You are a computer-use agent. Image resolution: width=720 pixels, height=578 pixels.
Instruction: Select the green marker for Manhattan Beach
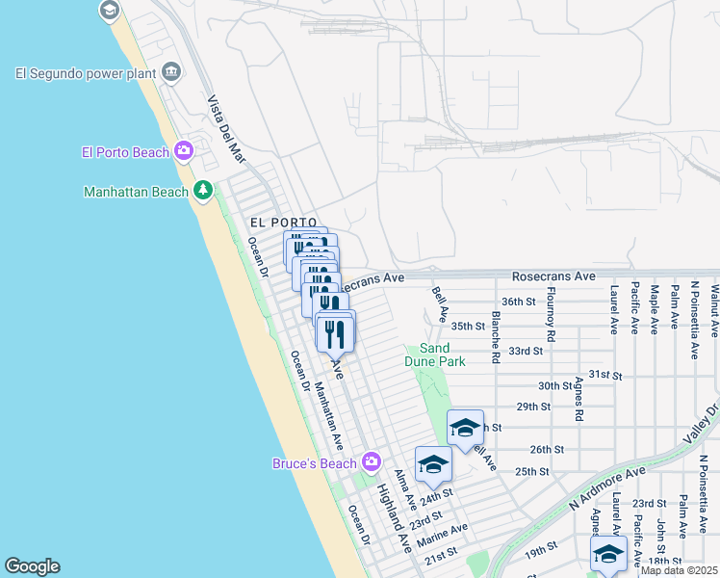point(202,191)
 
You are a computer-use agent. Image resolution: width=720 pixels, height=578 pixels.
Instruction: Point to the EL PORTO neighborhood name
point(283,223)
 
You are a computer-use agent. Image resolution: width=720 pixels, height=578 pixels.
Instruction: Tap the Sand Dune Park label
point(442,355)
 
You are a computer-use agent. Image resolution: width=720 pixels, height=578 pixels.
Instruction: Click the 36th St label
point(518,302)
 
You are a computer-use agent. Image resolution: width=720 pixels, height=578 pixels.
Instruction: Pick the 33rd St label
point(527,351)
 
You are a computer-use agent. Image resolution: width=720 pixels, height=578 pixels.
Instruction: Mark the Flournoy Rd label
point(552,315)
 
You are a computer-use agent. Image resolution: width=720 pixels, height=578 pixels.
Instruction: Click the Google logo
point(32,566)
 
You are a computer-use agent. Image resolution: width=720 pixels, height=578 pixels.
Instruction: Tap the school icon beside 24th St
point(433,464)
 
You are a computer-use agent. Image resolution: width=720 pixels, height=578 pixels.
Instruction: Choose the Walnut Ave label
point(715,309)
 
